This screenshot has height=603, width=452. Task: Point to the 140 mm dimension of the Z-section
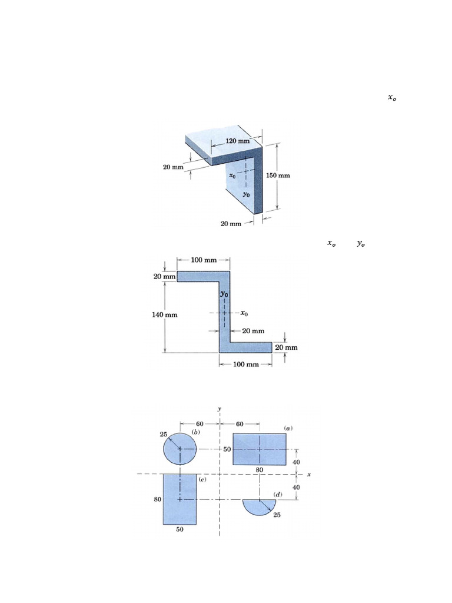165,314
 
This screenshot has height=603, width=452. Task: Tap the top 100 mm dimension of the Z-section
203,260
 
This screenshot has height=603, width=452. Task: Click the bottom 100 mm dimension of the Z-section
245,364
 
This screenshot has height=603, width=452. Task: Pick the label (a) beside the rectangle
288,428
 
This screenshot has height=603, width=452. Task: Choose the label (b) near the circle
194,433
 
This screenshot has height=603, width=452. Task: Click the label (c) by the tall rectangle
202,480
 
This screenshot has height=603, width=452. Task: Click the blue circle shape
180,449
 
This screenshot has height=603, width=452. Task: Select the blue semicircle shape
260,505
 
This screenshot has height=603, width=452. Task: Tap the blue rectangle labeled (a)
260,449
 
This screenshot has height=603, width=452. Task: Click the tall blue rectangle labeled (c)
180,499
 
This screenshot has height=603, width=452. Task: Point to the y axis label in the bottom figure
219,409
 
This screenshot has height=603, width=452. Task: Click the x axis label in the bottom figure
308,474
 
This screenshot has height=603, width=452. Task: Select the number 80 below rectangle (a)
260,470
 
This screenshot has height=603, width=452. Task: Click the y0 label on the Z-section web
224,293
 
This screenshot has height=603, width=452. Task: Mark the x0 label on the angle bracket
233,175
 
